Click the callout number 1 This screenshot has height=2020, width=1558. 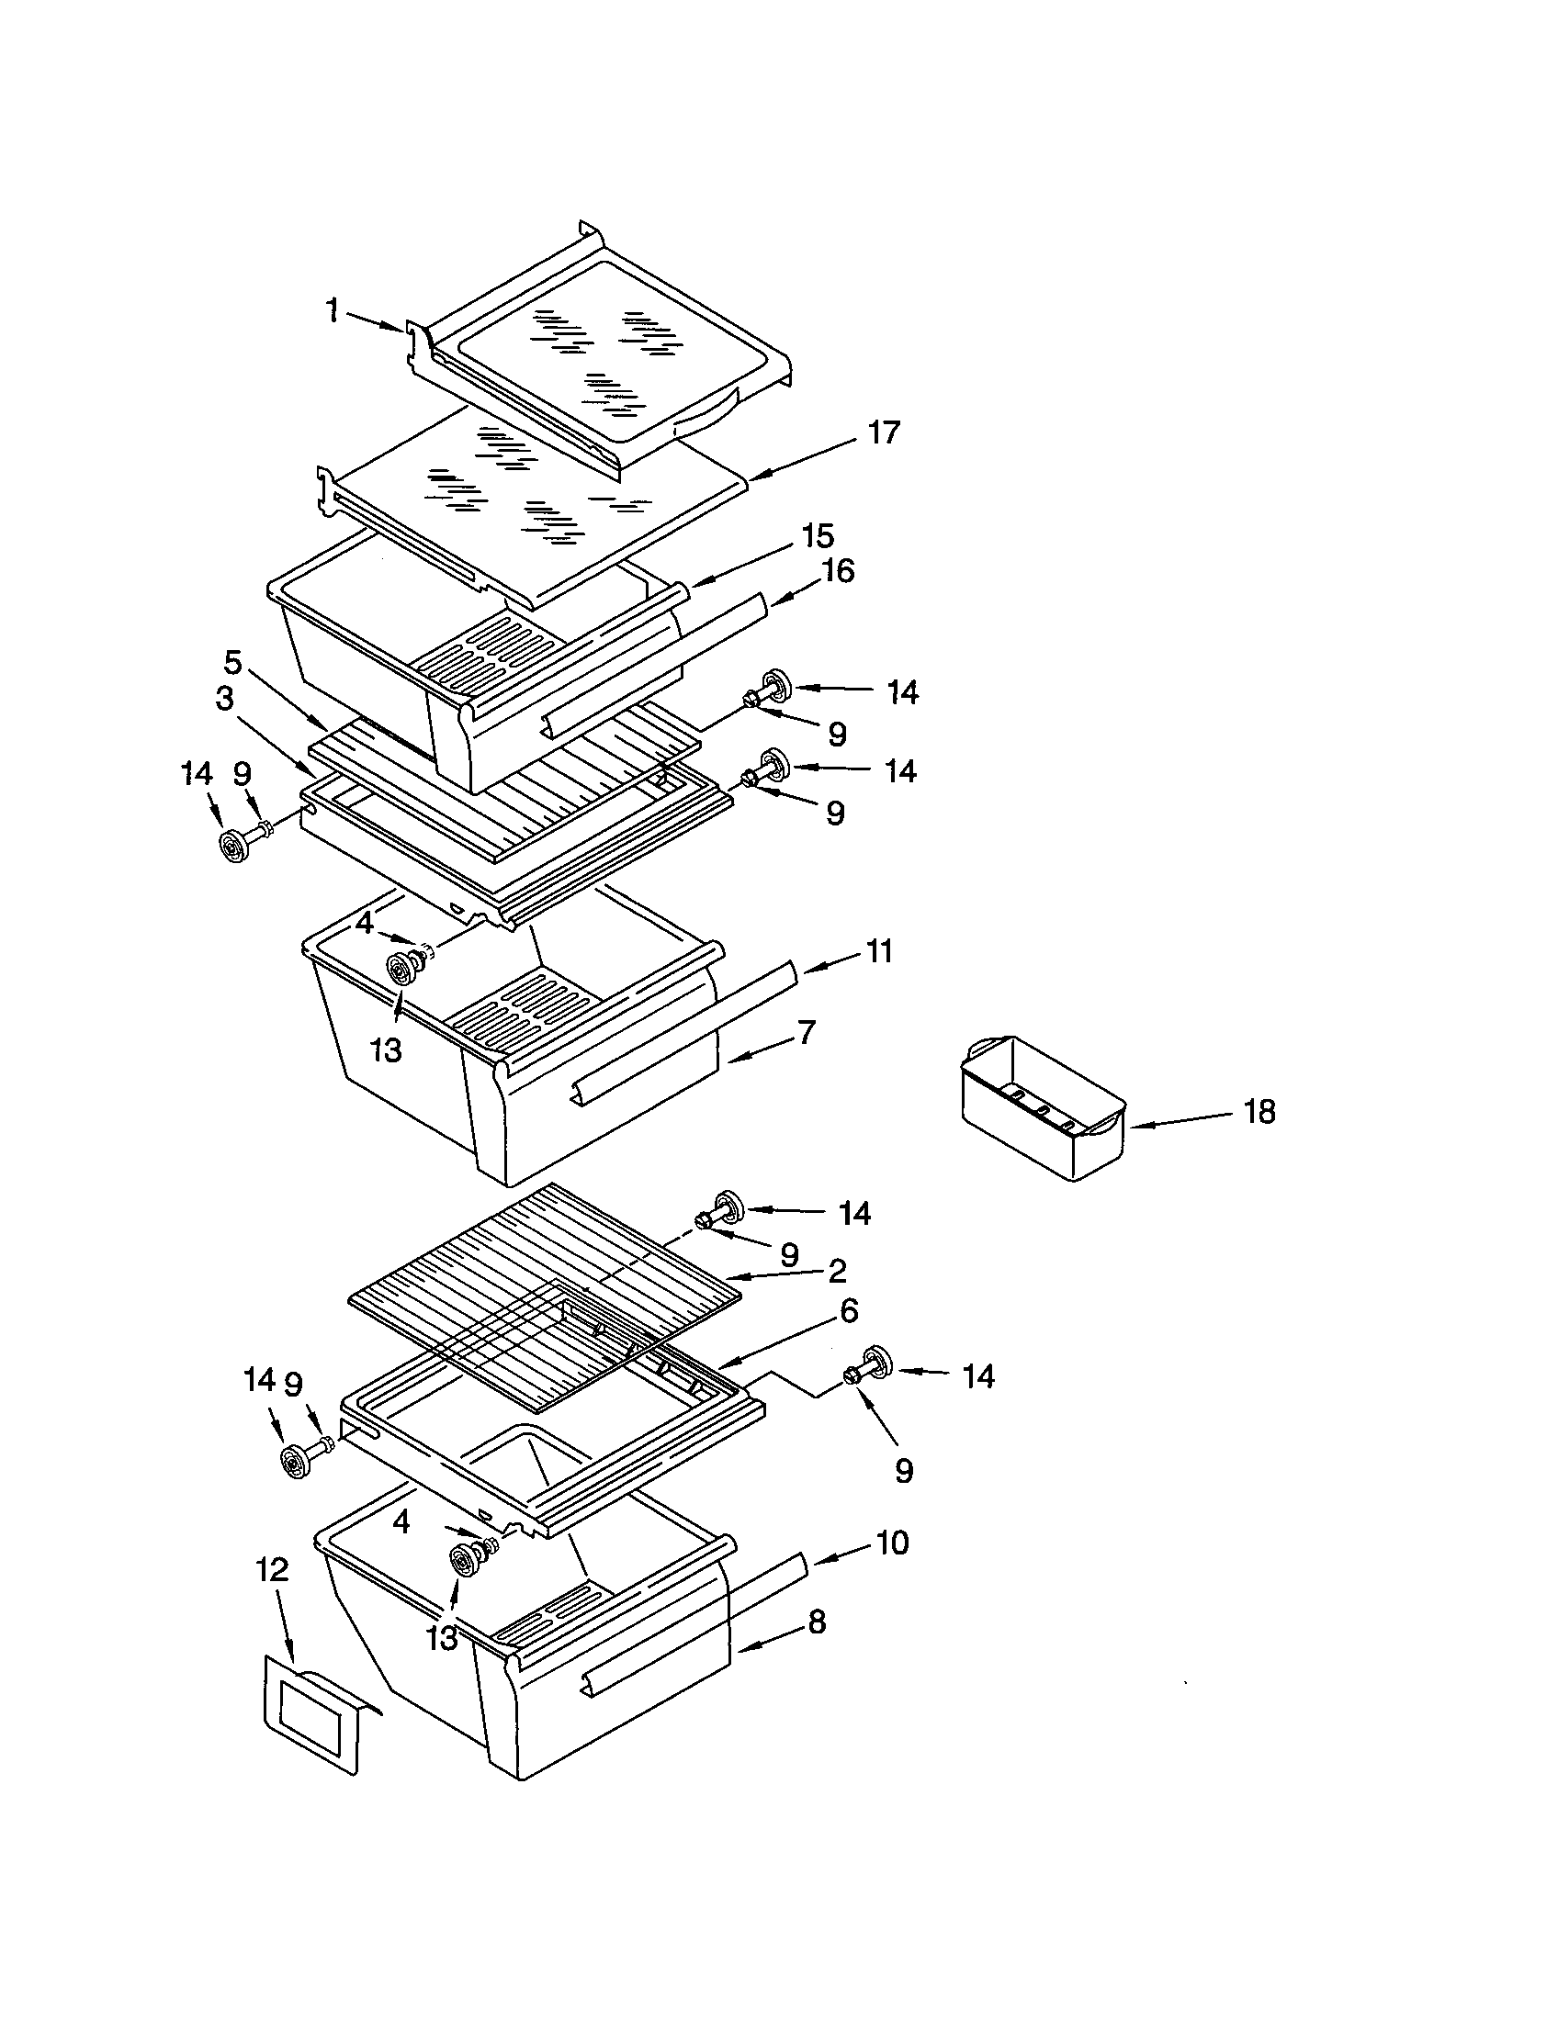pos(332,310)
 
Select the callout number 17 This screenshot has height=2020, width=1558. pos(884,432)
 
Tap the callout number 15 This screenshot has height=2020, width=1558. pos(818,535)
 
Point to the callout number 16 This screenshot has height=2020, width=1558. pos(837,571)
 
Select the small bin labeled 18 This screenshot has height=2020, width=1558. pos(1041,1107)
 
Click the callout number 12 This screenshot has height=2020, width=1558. pos(272,1568)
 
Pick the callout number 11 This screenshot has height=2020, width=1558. pos(878,951)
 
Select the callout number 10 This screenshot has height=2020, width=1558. pos(891,1542)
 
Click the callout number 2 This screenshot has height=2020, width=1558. pos(836,1271)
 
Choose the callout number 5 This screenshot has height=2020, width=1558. pos(232,662)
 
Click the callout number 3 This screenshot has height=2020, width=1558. pos(224,700)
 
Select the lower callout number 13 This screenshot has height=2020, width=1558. pos(442,1638)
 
